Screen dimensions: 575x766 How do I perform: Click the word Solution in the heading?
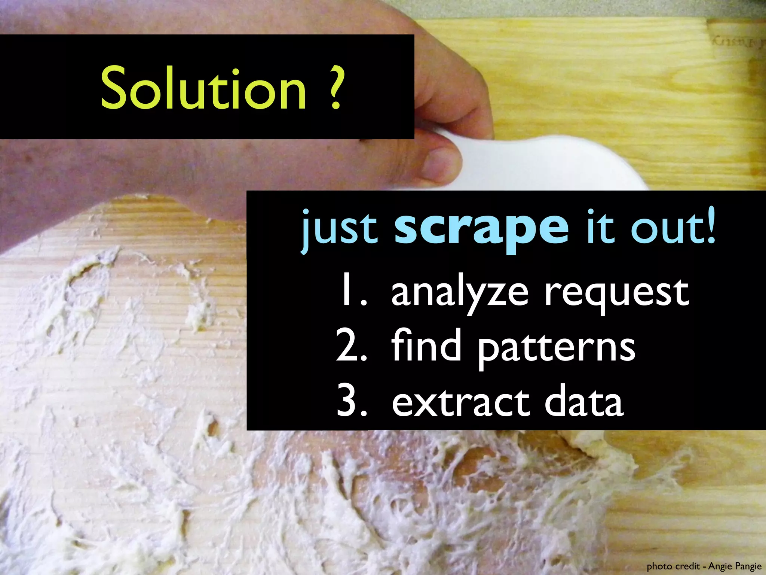click(204, 88)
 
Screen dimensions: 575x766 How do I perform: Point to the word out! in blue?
click(673, 227)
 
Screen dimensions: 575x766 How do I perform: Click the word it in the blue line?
click(601, 227)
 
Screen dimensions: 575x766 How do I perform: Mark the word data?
click(584, 402)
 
